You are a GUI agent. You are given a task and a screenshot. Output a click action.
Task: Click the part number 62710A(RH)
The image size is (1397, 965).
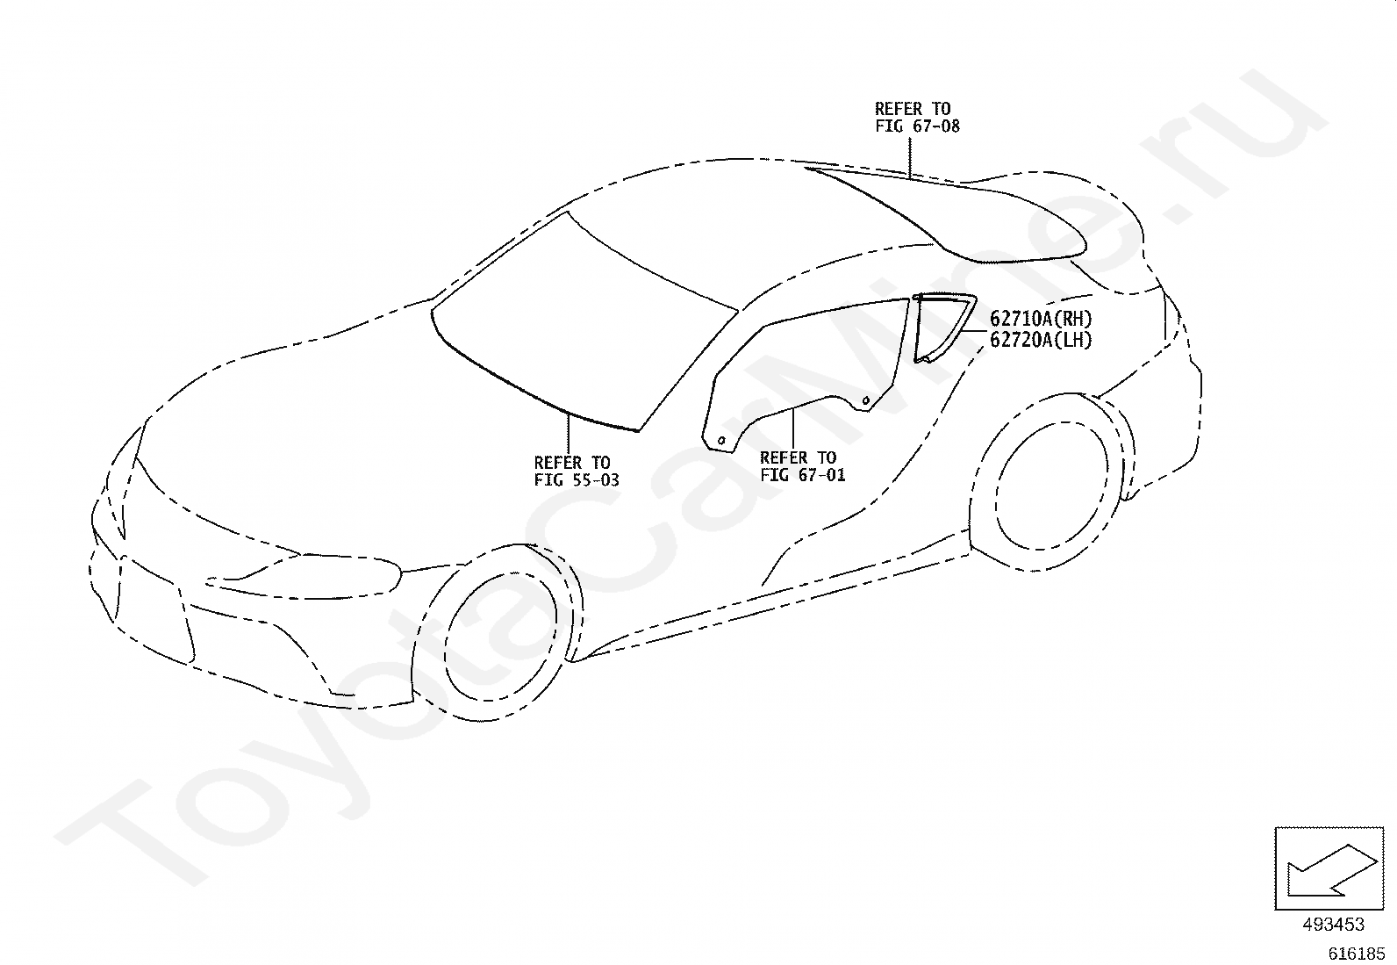click(x=1041, y=319)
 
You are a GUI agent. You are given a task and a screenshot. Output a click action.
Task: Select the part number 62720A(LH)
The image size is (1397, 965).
click(x=1041, y=341)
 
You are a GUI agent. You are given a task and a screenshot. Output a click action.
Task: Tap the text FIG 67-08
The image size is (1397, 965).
click(x=917, y=126)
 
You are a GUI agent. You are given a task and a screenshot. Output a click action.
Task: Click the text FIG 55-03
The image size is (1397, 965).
click(x=577, y=479)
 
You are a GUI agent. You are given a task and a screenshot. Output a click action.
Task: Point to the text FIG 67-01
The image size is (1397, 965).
click(x=802, y=475)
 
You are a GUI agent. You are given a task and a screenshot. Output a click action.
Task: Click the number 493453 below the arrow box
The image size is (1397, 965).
click(x=1333, y=925)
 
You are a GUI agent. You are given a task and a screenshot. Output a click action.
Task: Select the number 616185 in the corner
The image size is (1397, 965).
click(x=1356, y=953)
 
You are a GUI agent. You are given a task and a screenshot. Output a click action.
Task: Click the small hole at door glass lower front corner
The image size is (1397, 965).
click(x=720, y=440)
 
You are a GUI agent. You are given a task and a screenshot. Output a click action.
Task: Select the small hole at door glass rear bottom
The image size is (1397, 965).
click(x=865, y=401)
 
